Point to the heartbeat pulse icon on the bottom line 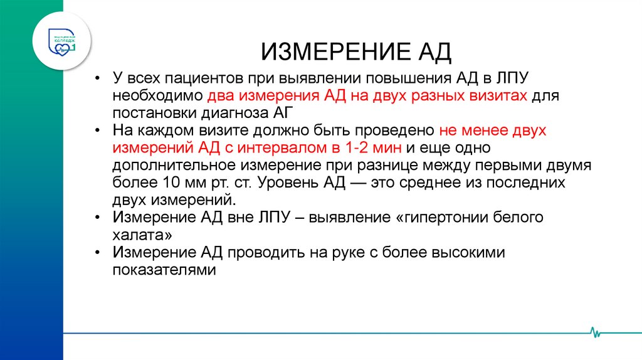tap(594, 332)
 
